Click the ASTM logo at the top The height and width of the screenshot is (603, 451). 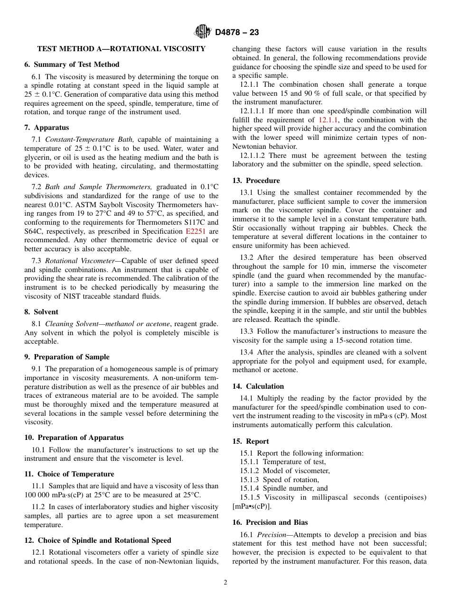pyautogui.click(x=203, y=32)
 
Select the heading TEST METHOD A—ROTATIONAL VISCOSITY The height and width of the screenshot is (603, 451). pyautogui.click(x=121, y=49)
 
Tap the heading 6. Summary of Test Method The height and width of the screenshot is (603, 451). pyautogui.click(x=72, y=64)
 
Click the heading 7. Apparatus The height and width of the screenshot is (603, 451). pyautogui.click(x=47, y=128)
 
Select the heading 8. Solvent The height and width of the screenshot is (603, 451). pyautogui.click(x=41, y=312)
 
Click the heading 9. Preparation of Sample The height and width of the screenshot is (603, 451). pyautogui.click(x=67, y=357)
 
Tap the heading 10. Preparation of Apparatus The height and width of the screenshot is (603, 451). pyautogui.click(x=74, y=438)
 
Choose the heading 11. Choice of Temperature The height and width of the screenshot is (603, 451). pyautogui.click(x=69, y=474)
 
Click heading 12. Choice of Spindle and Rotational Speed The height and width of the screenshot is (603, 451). pyautogui.click(x=98, y=540)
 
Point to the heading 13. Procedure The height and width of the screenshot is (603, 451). pyautogui.click(x=256, y=181)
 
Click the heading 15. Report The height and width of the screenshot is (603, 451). pyautogui.click(x=250, y=441)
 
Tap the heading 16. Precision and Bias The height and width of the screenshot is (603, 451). pyautogui.click(x=270, y=522)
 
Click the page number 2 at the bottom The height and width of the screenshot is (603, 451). pyautogui.click(x=225, y=583)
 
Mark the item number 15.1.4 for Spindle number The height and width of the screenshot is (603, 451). pyautogui.click(x=250, y=488)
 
